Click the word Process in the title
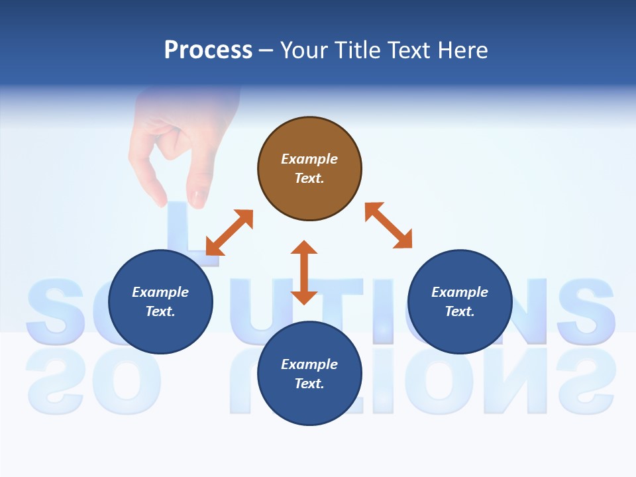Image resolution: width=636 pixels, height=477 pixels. pos(208,50)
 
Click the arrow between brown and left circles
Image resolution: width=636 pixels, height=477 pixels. pos(229,233)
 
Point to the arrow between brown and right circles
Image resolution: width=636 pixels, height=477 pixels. pos(388,225)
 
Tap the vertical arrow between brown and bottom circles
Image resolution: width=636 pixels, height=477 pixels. pos(304,272)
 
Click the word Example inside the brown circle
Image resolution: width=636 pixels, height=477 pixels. pos(309,159)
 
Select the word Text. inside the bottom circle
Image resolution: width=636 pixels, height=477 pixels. pos(309,384)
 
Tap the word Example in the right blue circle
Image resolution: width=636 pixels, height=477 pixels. pos(460,292)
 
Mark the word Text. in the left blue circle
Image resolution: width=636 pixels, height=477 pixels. pos(160,311)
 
